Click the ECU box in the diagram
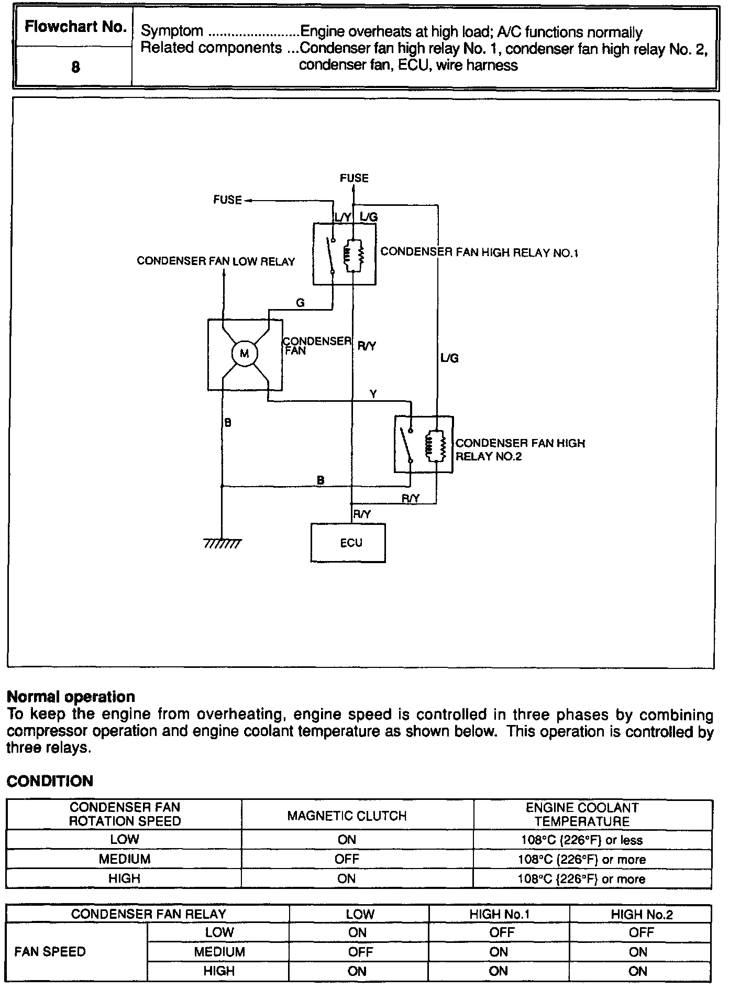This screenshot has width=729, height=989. coord(348,543)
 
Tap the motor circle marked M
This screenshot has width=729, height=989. coord(245,354)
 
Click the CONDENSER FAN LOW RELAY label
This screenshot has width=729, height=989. coord(216,261)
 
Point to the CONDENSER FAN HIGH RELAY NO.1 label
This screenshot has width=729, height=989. coord(479,252)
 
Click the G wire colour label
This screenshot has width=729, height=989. coord(301,303)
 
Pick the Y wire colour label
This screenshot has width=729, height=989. coord(373,394)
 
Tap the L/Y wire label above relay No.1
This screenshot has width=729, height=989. coord(344,216)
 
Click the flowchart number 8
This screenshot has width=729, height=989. coord(75,67)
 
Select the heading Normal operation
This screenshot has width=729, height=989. coord(71,697)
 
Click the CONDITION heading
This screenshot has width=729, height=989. coord(50,781)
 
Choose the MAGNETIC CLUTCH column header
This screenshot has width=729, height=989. coord(347,816)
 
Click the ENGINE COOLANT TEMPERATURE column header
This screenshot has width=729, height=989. coord(582,815)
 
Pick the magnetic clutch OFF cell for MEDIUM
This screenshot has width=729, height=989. coord(347,859)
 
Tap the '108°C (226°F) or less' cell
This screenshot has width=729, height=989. coord(582,840)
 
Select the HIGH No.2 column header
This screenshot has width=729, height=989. coord(642,915)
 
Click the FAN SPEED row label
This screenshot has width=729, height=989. coord(50,951)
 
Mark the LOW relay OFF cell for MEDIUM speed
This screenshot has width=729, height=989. coord(360,951)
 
